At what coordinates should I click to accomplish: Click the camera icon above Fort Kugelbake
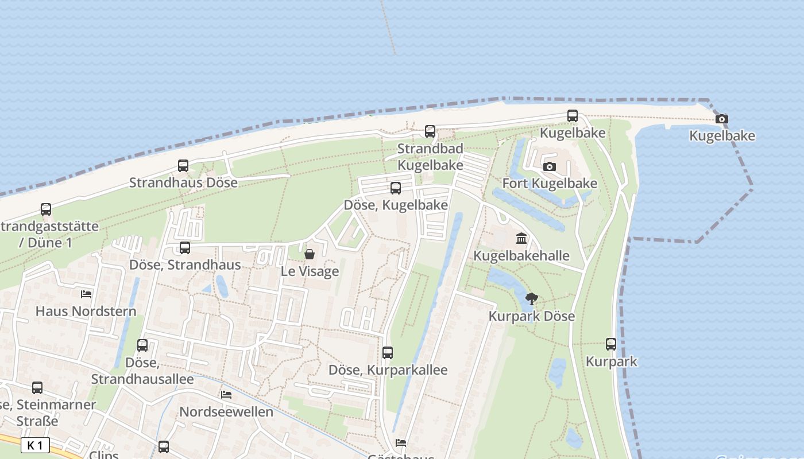[550, 166]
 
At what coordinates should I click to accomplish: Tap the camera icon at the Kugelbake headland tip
[722, 119]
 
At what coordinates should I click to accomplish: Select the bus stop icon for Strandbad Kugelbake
[430, 131]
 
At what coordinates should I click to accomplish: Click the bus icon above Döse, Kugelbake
[396, 188]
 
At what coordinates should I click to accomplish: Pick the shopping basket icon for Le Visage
[310, 254]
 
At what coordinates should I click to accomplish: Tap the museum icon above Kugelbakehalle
[521, 238]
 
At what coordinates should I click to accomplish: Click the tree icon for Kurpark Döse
[532, 298]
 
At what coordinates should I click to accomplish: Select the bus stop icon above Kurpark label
[611, 344]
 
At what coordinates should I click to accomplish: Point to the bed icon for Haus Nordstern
[86, 294]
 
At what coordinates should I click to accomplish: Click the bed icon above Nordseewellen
[226, 395]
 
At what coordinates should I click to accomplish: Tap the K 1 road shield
[35, 445]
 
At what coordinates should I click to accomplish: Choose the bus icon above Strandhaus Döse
[183, 166]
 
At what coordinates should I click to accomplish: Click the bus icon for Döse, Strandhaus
[185, 248]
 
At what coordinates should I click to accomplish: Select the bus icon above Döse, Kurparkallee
[388, 353]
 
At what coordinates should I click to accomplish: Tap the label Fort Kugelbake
[550, 184]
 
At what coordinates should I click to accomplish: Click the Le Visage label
[310, 271]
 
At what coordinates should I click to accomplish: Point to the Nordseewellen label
[226, 412]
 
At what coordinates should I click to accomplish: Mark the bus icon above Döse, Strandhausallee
[142, 345]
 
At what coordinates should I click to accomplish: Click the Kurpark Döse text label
[532, 316]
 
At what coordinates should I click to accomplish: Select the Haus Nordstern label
[86, 312]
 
